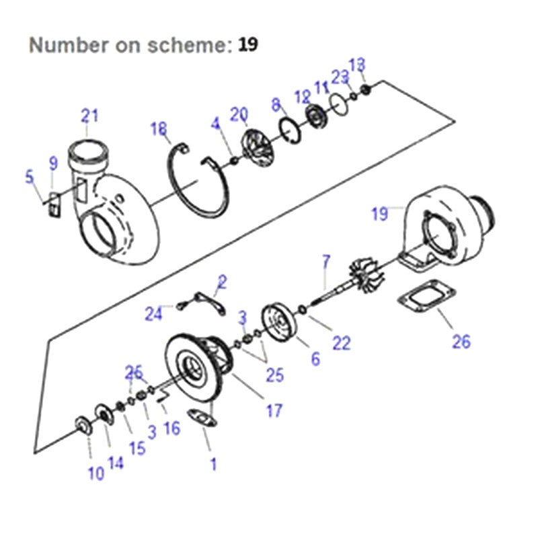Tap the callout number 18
coord(159,129)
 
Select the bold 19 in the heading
coord(247,45)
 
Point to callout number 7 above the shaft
coord(327,260)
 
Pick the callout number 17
coord(274,410)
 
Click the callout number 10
coord(96,473)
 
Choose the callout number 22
coord(342,343)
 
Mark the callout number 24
coord(155,313)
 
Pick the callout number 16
coord(172,427)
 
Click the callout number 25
coord(274,375)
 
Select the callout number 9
coord(54,163)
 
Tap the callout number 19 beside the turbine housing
coord(380,214)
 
